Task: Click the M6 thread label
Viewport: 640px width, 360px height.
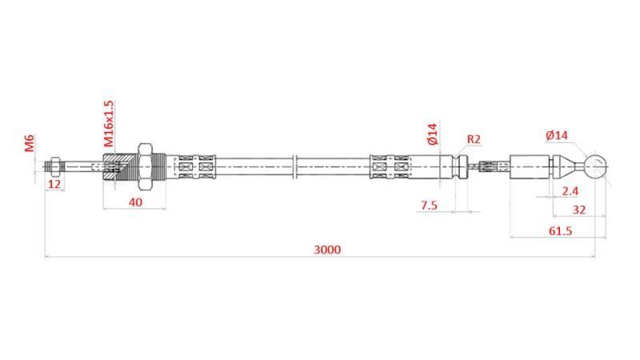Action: pyautogui.click(x=29, y=144)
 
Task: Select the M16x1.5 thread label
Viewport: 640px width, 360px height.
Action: pyautogui.click(x=109, y=122)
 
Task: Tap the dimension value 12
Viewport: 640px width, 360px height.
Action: pyautogui.click(x=54, y=184)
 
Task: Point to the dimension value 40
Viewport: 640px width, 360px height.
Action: pyautogui.click(x=135, y=202)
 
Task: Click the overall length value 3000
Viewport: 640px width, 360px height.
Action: pyautogui.click(x=327, y=249)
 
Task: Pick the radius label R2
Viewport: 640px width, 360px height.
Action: pyautogui.click(x=474, y=139)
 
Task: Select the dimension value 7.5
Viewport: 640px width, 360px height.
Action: pyautogui.click(x=429, y=205)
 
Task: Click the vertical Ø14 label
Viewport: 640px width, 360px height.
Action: pyautogui.click(x=433, y=134)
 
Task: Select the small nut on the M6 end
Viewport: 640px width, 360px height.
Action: pyautogui.click(x=54, y=167)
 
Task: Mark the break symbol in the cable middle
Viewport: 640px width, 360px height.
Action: pyautogui.click(x=295, y=166)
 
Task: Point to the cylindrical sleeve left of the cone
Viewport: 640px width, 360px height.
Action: pyautogui.click(x=532, y=166)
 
